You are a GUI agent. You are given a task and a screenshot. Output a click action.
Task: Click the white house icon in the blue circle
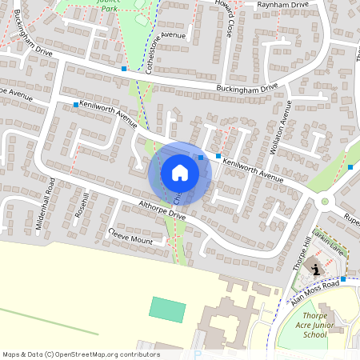179,173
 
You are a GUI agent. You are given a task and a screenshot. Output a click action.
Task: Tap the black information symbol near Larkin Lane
317,270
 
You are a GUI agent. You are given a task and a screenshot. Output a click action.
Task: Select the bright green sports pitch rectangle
167,308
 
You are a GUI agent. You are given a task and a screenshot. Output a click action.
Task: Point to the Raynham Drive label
283,5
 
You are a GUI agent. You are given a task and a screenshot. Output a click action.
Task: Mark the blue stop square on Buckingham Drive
124,69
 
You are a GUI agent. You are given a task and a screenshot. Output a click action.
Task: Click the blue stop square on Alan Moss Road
342,278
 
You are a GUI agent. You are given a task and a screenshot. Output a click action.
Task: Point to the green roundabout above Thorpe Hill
325,202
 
